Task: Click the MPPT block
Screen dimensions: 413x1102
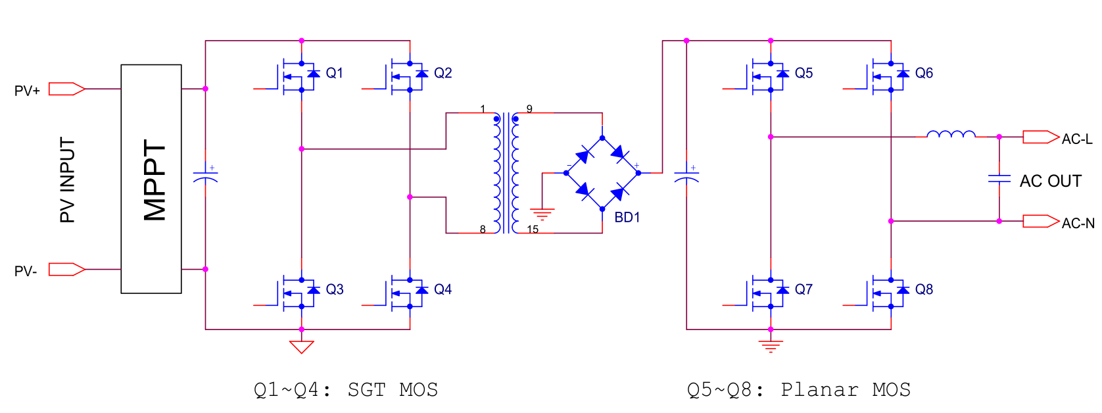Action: (151, 179)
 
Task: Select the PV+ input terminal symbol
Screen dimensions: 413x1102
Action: (66, 89)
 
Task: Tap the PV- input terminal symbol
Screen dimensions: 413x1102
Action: (66, 269)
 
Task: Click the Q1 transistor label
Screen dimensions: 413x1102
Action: (334, 73)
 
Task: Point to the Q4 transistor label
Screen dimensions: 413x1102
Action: (443, 289)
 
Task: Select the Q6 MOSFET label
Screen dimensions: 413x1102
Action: (924, 73)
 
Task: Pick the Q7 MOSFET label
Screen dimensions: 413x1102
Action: (803, 289)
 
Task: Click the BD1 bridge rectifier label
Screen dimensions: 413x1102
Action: (627, 218)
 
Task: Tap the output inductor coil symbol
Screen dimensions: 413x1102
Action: (951, 135)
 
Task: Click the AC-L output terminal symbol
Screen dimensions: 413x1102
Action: (1040, 137)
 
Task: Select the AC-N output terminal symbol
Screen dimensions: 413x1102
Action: (1040, 221)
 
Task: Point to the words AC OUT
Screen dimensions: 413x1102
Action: (1050, 181)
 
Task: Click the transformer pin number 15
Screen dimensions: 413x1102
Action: (533, 230)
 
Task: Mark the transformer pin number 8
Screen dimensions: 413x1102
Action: (483, 230)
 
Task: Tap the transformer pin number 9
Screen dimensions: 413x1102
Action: (529, 109)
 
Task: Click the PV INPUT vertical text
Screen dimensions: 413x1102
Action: (68, 180)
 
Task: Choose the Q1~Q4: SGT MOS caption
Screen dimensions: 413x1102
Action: (346, 390)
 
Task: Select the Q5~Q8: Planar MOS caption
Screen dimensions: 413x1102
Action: (799, 390)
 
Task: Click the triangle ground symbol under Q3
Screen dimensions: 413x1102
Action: (301, 347)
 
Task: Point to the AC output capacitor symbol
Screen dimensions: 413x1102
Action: (999, 178)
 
